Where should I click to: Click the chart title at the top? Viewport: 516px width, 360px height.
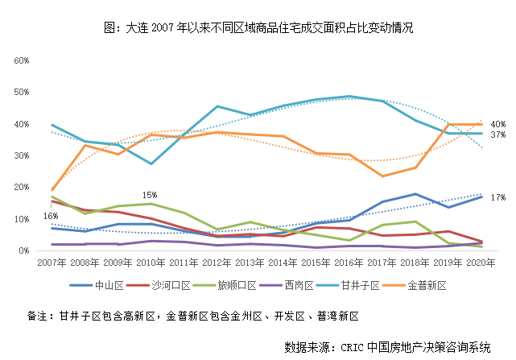pyautogui.click(x=258, y=27)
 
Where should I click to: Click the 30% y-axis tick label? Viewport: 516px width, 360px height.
pyautogui.click(x=21, y=155)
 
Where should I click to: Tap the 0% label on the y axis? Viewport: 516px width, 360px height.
pyautogui.click(x=23, y=250)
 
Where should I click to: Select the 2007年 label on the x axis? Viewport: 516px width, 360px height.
pyautogui.click(x=52, y=263)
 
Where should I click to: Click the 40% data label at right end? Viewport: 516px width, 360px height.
pyautogui.click(x=497, y=124)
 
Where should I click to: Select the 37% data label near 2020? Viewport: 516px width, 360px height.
pyautogui.click(x=497, y=134)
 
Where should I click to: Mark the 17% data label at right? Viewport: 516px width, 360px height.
pyautogui.click(x=497, y=197)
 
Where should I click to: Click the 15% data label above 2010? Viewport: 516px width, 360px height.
pyautogui.click(x=150, y=194)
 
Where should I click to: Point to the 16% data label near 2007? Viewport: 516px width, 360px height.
pyautogui.click(x=51, y=216)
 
